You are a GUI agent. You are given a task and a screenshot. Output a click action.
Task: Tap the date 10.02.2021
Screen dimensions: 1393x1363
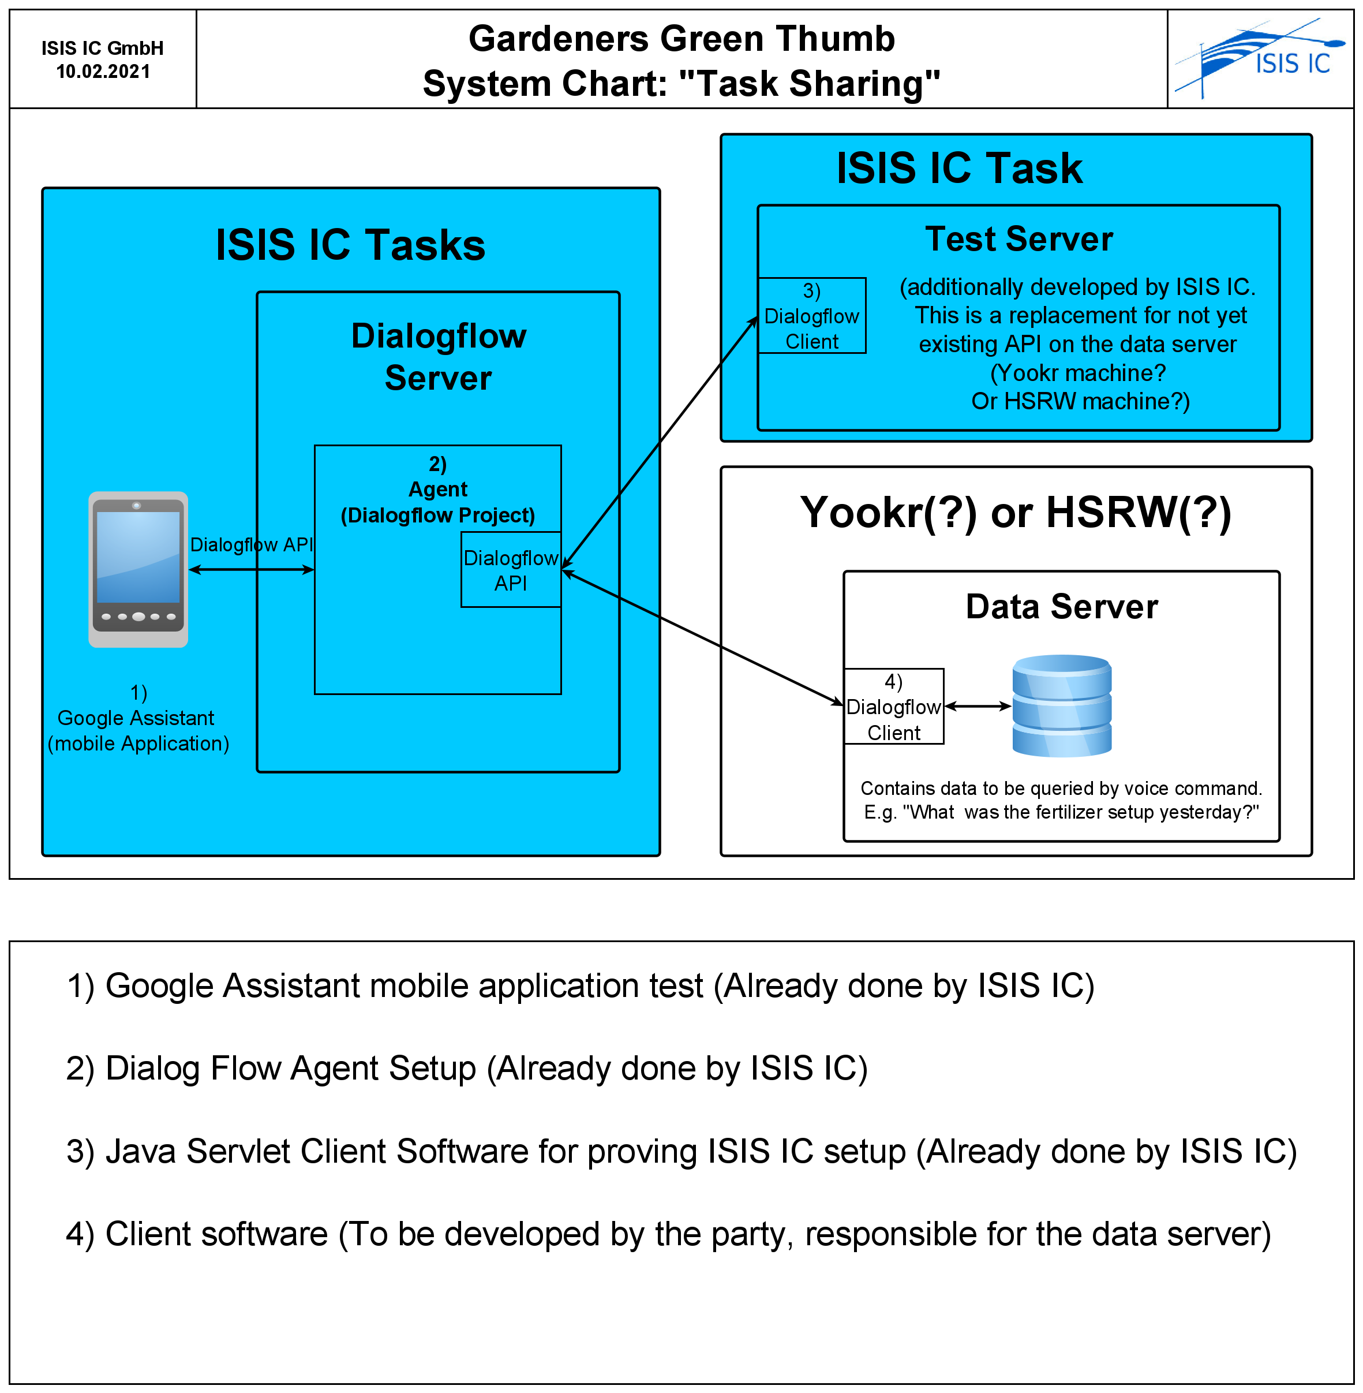[x=103, y=72]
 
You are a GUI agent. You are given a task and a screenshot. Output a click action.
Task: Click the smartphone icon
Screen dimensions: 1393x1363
[x=138, y=569]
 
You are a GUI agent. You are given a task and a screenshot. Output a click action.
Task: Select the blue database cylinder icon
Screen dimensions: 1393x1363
[x=1062, y=705]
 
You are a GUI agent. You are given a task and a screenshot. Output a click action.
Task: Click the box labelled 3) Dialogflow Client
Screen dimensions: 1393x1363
[x=812, y=316]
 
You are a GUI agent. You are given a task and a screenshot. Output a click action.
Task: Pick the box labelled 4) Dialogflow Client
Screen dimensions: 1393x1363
[x=894, y=707]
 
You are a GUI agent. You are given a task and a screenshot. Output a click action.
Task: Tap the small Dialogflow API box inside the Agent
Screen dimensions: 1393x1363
[x=511, y=570]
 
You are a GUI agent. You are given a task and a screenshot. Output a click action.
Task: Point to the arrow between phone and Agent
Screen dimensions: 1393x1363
[x=251, y=570]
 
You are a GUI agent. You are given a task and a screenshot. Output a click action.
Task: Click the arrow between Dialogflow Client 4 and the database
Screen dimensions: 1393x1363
[x=978, y=706]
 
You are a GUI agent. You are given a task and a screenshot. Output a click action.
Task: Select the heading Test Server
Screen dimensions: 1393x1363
[x=1018, y=239]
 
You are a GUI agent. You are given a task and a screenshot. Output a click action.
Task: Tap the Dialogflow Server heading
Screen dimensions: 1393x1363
[x=438, y=357]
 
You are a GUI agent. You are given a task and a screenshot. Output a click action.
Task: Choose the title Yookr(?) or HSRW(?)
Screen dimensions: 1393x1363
[x=1015, y=513]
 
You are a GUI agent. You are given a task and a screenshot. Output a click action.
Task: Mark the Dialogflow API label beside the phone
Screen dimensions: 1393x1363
[x=251, y=545]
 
